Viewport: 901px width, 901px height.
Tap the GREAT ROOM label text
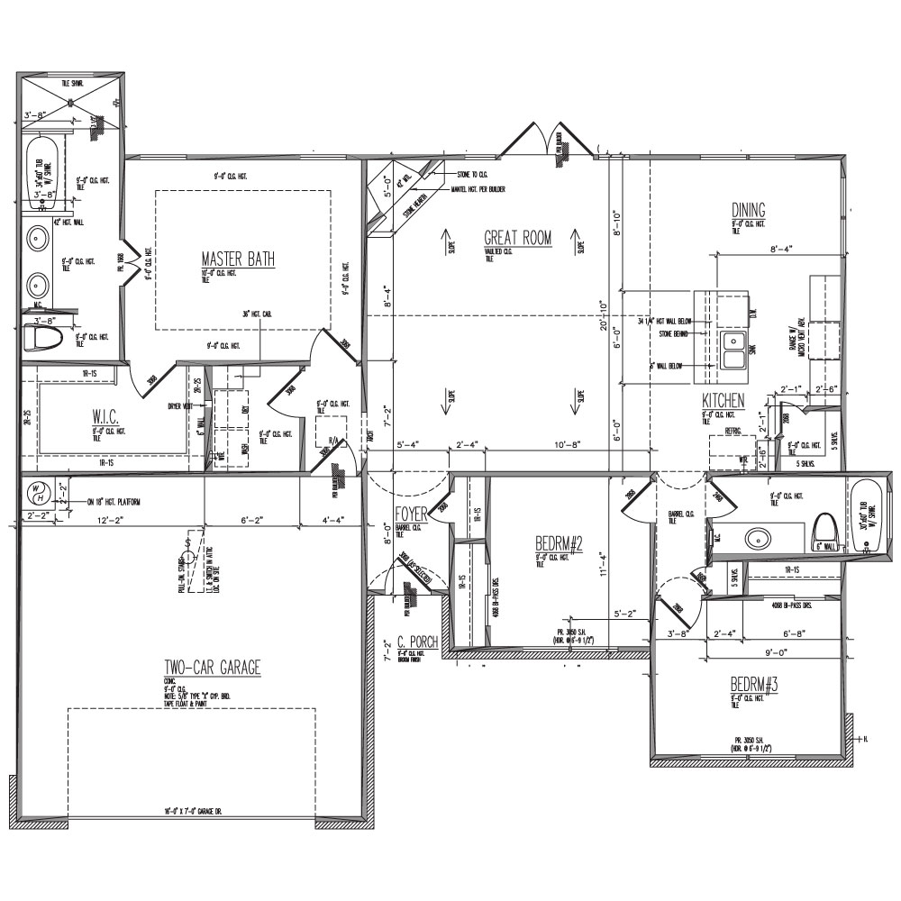(x=517, y=239)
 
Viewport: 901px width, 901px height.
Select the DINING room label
(x=748, y=210)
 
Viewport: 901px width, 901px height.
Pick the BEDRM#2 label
(x=559, y=544)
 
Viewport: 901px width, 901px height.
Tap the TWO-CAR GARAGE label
(x=212, y=668)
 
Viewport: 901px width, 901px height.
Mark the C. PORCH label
(x=417, y=642)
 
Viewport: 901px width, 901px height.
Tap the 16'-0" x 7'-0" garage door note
(x=193, y=810)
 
